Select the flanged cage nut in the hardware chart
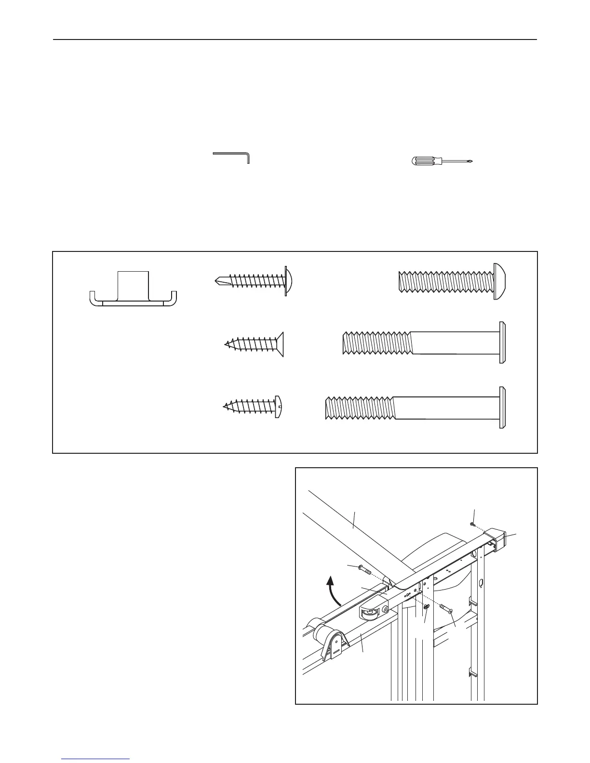[x=133, y=289]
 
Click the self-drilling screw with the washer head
[x=253, y=280]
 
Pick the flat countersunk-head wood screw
[x=255, y=344]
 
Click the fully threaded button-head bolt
[x=453, y=281]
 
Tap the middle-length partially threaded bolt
[x=424, y=342]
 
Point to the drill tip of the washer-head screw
[x=218, y=280]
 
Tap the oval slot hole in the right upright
[x=481, y=584]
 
